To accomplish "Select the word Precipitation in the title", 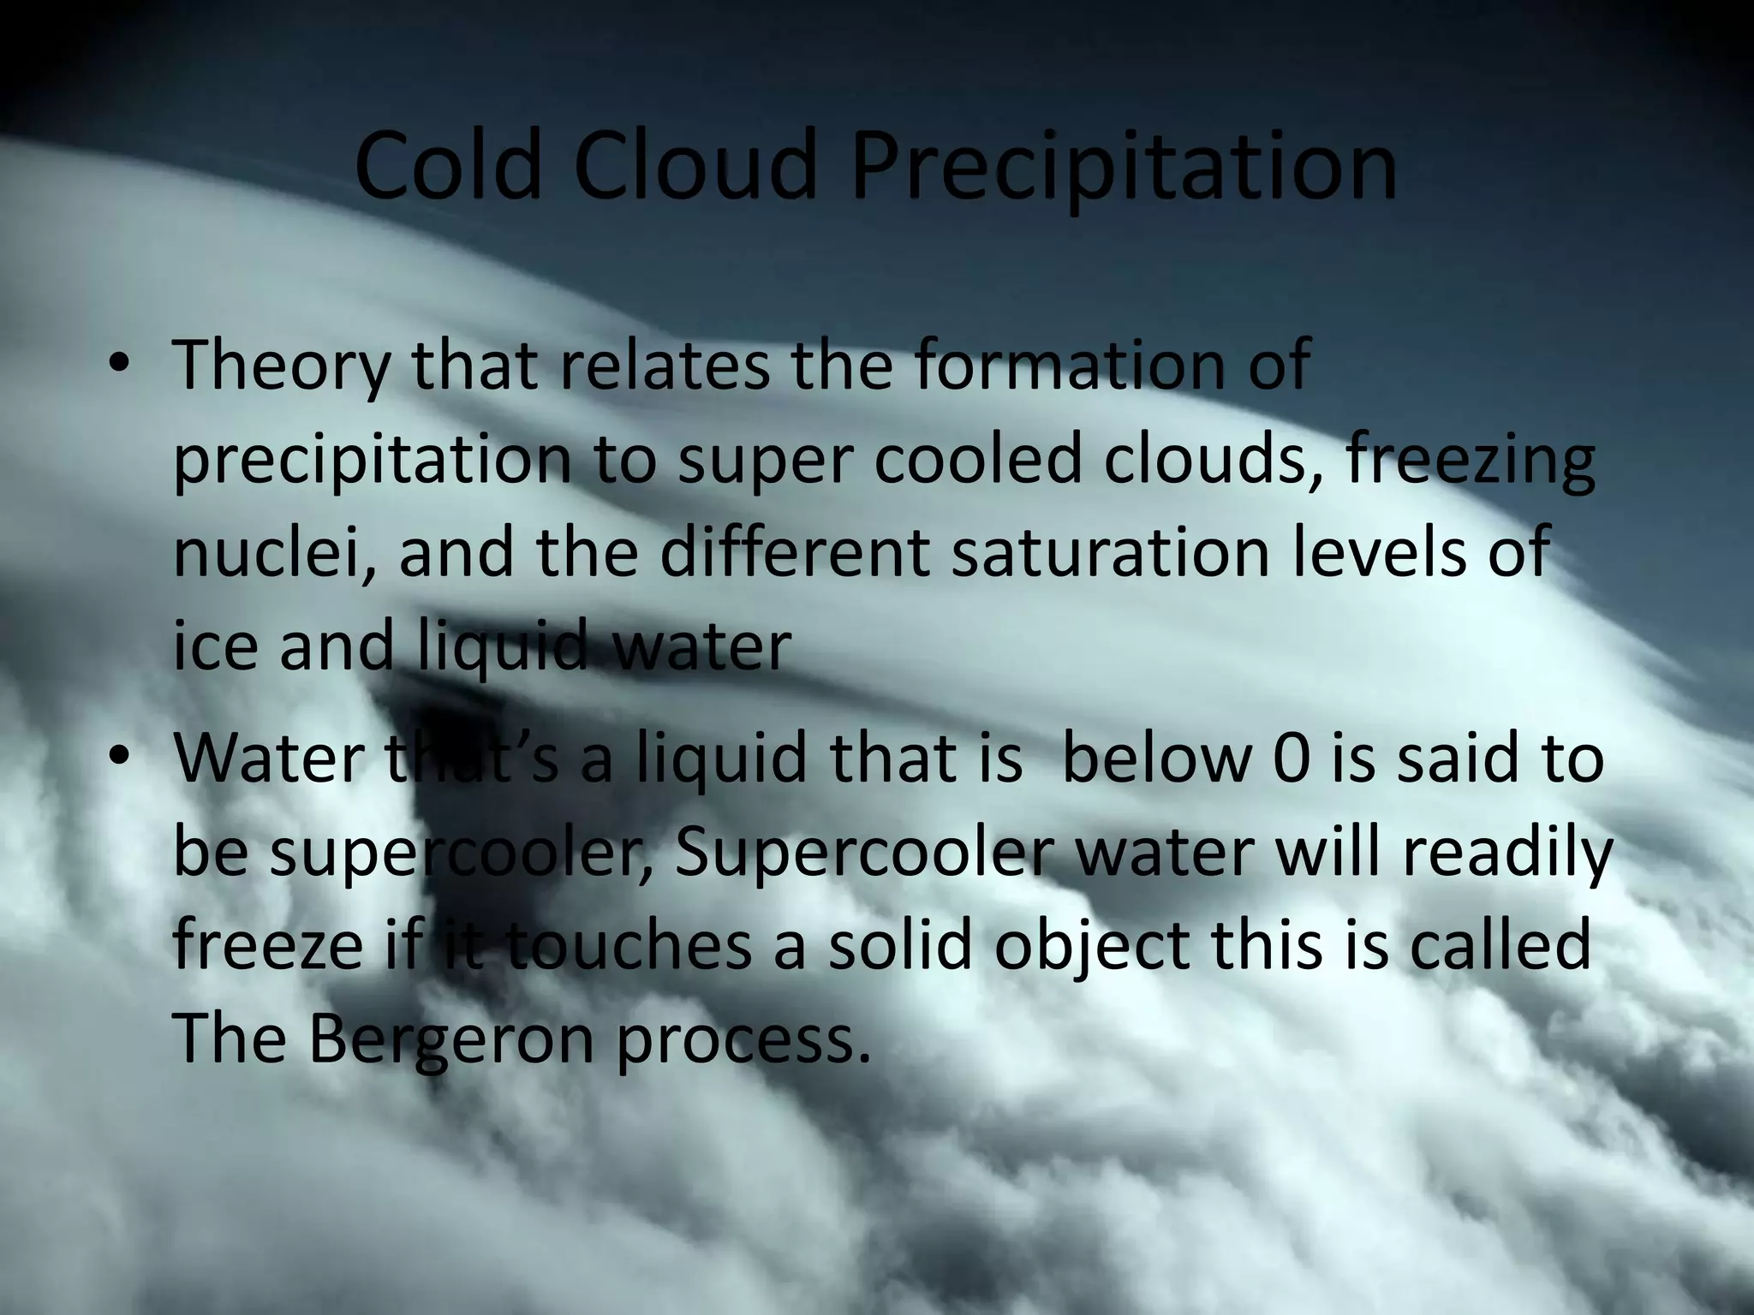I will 1123,167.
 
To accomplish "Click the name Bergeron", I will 450,1040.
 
